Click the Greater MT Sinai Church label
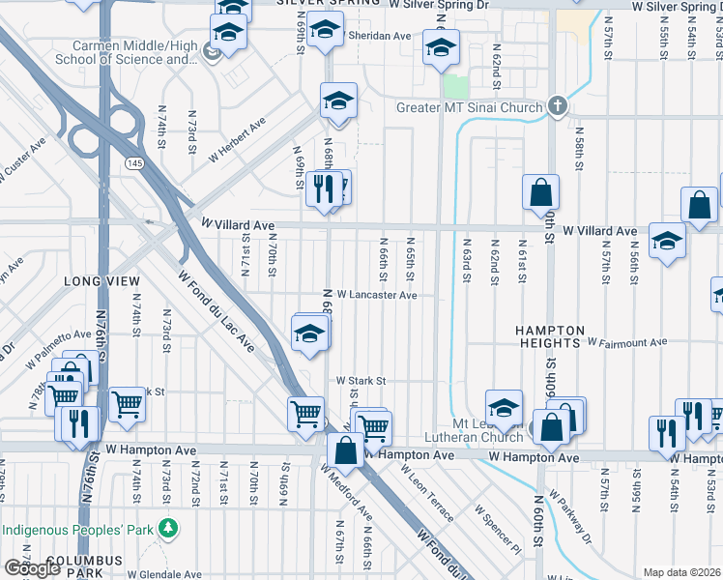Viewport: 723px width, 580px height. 470,107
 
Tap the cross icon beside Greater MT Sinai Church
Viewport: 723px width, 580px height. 557,106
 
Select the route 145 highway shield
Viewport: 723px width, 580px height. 133,164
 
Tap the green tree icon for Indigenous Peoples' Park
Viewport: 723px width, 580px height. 169,529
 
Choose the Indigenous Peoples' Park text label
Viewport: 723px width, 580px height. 79,530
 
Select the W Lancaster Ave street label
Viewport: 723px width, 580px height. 377,296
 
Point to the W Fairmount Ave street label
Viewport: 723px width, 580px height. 627,342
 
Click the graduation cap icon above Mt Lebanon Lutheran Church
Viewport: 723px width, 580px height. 504,407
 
